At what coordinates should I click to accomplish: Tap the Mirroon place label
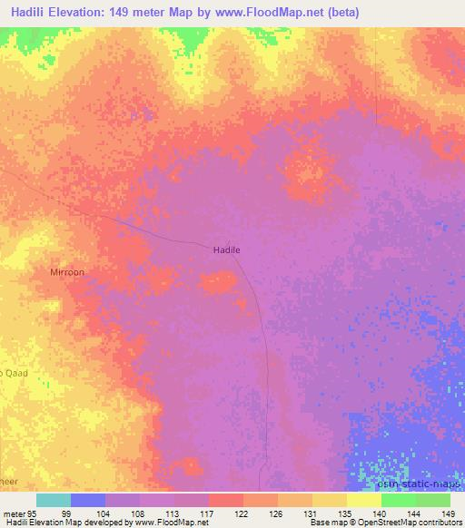[x=67, y=271]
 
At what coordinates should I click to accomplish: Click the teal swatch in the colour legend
[x=54, y=500]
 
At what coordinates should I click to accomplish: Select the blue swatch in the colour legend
[x=88, y=500]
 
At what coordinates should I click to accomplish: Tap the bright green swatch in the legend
[x=399, y=500]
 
